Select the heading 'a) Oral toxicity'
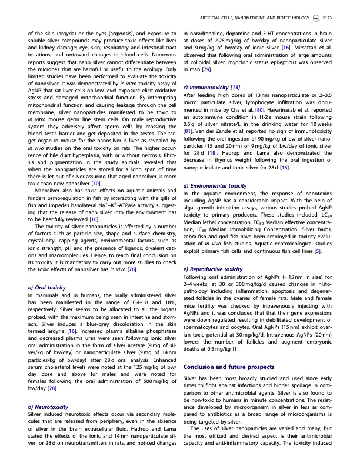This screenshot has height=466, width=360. pyautogui.click(x=46, y=287)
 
